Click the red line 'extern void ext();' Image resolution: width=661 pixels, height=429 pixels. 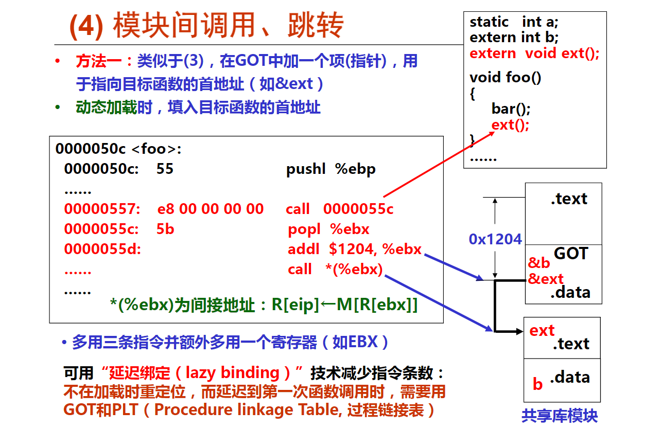click(x=534, y=53)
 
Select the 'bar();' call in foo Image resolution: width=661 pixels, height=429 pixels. click(x=511, y=109)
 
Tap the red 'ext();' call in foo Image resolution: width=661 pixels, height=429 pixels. click(x=510, y=125)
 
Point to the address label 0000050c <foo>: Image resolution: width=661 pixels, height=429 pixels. click(x=118, y=149)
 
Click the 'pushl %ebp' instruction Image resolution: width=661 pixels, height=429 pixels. click(x=331, y=169)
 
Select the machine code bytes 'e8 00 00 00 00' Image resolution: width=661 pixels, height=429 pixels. click(x=211, y=209)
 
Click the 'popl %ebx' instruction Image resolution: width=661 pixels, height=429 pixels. click(x=328, y=229)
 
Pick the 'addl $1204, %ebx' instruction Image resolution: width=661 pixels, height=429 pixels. click(x=354, y=249)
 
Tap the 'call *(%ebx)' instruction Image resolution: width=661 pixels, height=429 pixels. click(x=335, y=269)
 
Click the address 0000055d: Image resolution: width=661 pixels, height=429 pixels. click(x=102, y=249)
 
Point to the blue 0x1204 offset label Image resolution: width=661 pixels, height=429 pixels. click(x=495, y=239)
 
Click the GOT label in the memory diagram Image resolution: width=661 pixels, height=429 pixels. click(x=571, y=254)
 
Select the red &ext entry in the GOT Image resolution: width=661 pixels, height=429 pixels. click(x=546, y=279)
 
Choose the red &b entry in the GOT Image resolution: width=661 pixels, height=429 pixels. click(x=539, y=262)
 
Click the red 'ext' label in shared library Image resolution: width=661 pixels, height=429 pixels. click(x=542, y=331)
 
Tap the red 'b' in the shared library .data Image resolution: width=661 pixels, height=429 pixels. click(x=537, y=384)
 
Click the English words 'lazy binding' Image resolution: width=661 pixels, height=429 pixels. click(x=232, y=373)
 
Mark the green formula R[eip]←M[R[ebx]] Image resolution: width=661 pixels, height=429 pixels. click(x=344, y=305)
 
